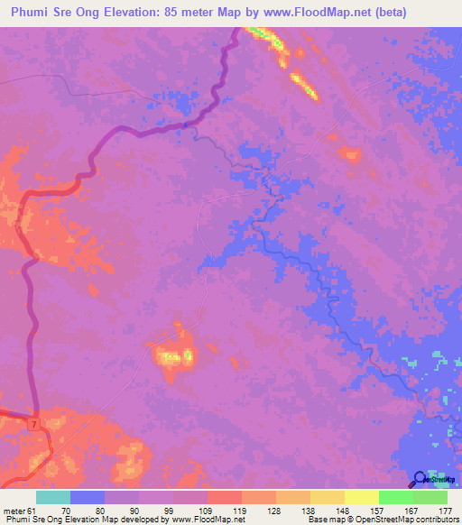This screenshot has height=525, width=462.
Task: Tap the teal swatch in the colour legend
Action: coord(53,497)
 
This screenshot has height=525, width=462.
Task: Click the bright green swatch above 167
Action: coord(396,497)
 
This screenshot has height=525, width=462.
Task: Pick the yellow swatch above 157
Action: coord(362,497)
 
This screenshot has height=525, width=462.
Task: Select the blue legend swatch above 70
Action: coord(88,497)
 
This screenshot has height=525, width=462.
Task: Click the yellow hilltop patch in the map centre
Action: coord(173,358)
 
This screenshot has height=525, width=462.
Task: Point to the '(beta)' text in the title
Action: coord(393,13)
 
